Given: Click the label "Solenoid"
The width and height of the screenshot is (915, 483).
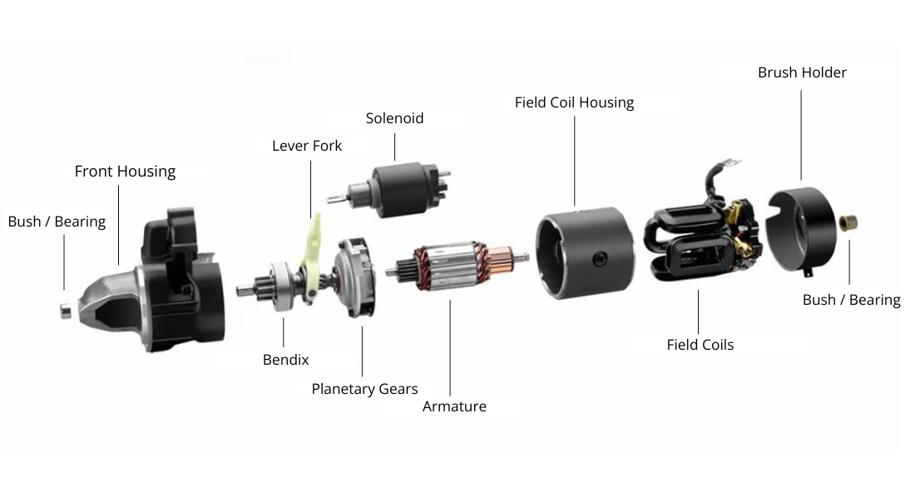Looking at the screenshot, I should point(394,118).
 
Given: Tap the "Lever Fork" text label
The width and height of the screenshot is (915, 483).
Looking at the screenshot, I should point(307,146).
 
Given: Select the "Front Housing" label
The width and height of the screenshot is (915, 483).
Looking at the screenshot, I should point(125,172).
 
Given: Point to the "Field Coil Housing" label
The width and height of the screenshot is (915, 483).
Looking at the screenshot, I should point(574,102).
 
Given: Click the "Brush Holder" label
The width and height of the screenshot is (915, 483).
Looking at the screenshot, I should point(802,72).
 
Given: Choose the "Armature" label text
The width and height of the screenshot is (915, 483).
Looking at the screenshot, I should point(454,406).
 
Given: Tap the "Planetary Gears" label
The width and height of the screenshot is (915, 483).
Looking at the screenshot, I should point(364,389).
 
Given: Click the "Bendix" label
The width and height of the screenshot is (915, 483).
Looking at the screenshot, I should point(285,360).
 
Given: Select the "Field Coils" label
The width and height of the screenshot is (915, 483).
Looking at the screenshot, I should point(700,344).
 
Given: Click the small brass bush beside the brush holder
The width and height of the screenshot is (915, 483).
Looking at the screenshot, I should point(849,222).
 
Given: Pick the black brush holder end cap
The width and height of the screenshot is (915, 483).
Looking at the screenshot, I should point(799,229).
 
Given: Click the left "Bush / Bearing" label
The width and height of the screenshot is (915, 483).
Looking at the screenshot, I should point(57,222).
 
